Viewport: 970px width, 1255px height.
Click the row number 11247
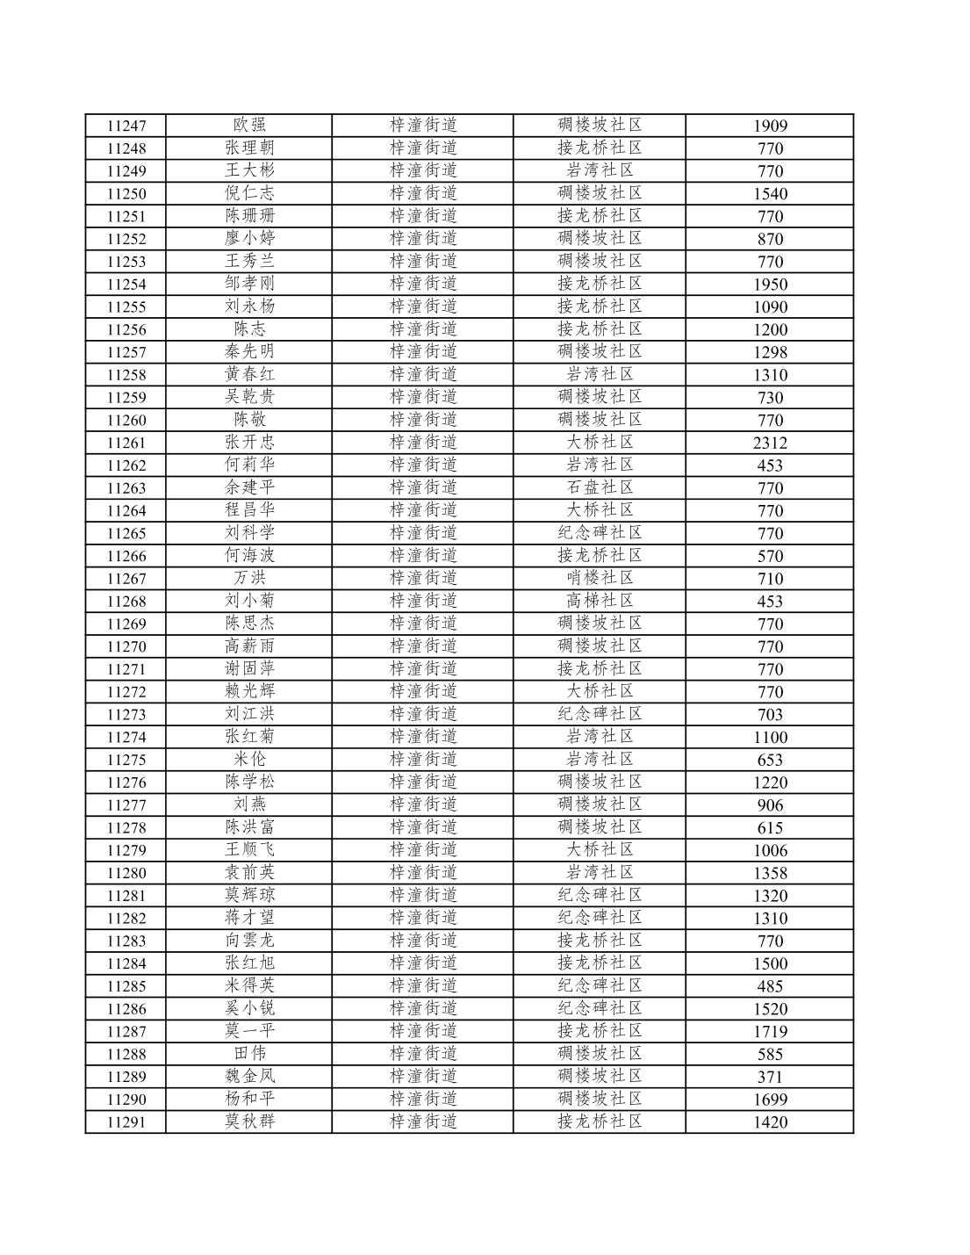(126, 126)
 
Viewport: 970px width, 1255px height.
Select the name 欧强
(249, 126)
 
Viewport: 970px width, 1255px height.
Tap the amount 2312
(770, 443)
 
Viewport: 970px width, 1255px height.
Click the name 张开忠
(249, 442)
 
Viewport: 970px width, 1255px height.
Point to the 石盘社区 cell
(600, 487)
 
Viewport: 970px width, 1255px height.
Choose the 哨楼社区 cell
(600, 578)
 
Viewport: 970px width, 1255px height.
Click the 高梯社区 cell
(600, 601)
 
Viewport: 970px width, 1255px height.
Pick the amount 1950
(770, 285)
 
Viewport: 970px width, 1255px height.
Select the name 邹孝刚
(249, 284)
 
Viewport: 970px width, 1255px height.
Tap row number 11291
(126, 1122)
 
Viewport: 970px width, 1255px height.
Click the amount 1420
(770, 1122)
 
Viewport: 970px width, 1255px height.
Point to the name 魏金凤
(249, 1076)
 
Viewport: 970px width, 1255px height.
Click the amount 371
(770, 1077)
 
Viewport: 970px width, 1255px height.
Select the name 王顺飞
(249, 849)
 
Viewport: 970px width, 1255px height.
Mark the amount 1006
(770, 850)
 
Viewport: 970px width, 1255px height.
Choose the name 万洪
(249, 578)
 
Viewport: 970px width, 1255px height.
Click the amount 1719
(770, 1032)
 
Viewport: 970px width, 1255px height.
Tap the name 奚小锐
(249, 1008)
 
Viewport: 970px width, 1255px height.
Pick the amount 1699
(770, 1100)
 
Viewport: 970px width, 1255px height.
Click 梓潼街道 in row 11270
(423, 646)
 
